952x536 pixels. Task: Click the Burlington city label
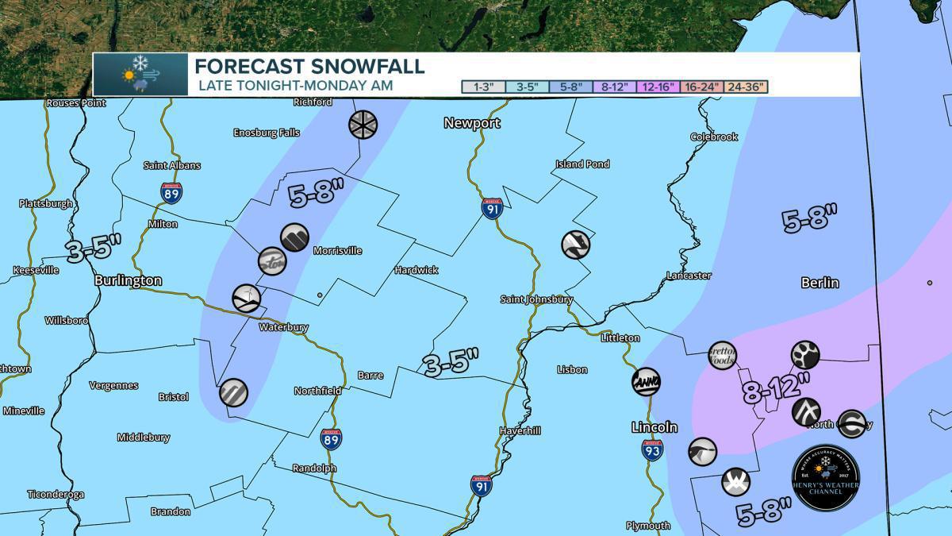[x=128, y=280]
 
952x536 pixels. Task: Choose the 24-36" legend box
[x=747, y=87]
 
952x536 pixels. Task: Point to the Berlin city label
[x=820, y=283]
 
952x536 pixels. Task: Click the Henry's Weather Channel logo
[x=826, y=477]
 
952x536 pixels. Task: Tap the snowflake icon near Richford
[x=363, y=124]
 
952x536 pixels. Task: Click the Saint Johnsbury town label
[x=536, y=299]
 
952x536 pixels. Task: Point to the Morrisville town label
[x=337, y=251]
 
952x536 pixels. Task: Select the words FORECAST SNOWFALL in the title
[x=309, y=66]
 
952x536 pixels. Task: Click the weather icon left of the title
[x=140, y=75]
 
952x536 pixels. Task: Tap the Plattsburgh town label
[x=46, y=203]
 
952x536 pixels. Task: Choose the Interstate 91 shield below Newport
[x=491, y=208]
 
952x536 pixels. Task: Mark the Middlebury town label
[x=143, y=438]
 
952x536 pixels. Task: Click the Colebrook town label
[x=713, y=137]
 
